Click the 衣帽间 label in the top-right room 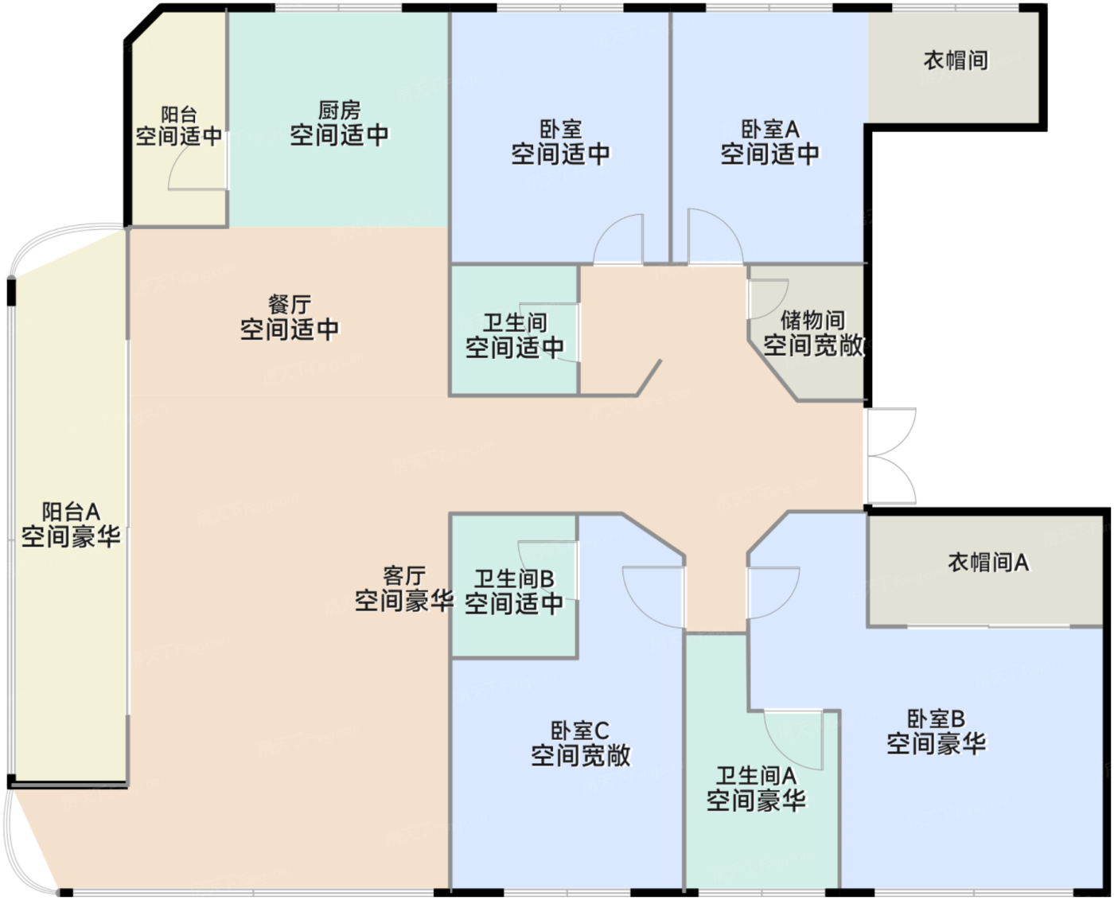pos(956,60)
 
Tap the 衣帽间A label pos(988,563)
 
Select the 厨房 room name pos(340,111)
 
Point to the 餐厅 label pos(289,304)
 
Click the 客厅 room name pos(404,576)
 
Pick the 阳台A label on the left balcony pos(71,512)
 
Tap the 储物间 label pos(812,321)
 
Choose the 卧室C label pos(580,731)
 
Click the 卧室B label pos(936,719)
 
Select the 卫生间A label pos(756,776)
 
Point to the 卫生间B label pos(514,579)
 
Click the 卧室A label pos(770,129)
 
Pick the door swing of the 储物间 pos(779,305)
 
